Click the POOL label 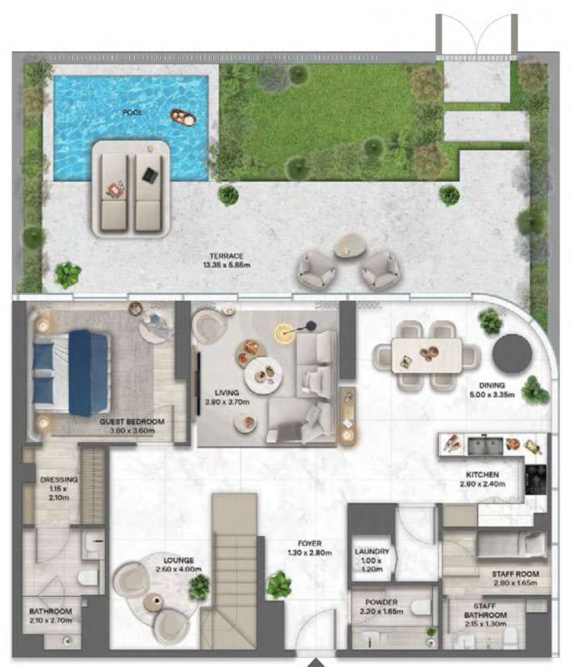point(132,113)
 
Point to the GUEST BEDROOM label point(132,421)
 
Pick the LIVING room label point(227,393)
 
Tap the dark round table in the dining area point(512,354)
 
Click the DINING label point(492,385)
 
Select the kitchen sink point(485,446)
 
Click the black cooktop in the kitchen point(535,479)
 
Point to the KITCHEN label point(482,474)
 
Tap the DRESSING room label point(59,479)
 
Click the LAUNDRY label point(372,552)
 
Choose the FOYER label point(310,543)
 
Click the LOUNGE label point(178,560)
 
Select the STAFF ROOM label point(516,574)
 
